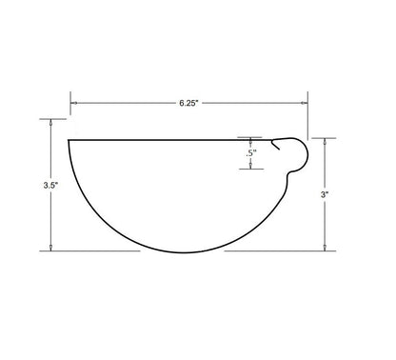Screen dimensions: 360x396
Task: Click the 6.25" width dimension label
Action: (188, 102)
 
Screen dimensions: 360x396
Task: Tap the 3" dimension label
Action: (325, 193)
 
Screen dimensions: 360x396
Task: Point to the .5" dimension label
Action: (250, 152)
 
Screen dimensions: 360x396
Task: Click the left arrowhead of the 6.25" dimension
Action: (73, 102)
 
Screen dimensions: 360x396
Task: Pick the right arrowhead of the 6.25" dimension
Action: (305, 102)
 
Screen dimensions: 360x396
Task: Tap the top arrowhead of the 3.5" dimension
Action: (50, 122)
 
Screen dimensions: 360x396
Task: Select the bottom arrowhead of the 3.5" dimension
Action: (50, 248)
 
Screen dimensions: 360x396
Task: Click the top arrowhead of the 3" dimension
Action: (325, 141)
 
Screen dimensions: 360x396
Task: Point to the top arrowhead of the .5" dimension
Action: (250, 140)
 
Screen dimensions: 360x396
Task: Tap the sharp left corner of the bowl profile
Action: (69, 140)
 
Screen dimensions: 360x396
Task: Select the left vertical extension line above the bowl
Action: (69, 110)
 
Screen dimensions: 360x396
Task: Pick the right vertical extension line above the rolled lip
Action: (308, 114)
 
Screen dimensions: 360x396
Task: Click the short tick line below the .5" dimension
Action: (250, 170)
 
